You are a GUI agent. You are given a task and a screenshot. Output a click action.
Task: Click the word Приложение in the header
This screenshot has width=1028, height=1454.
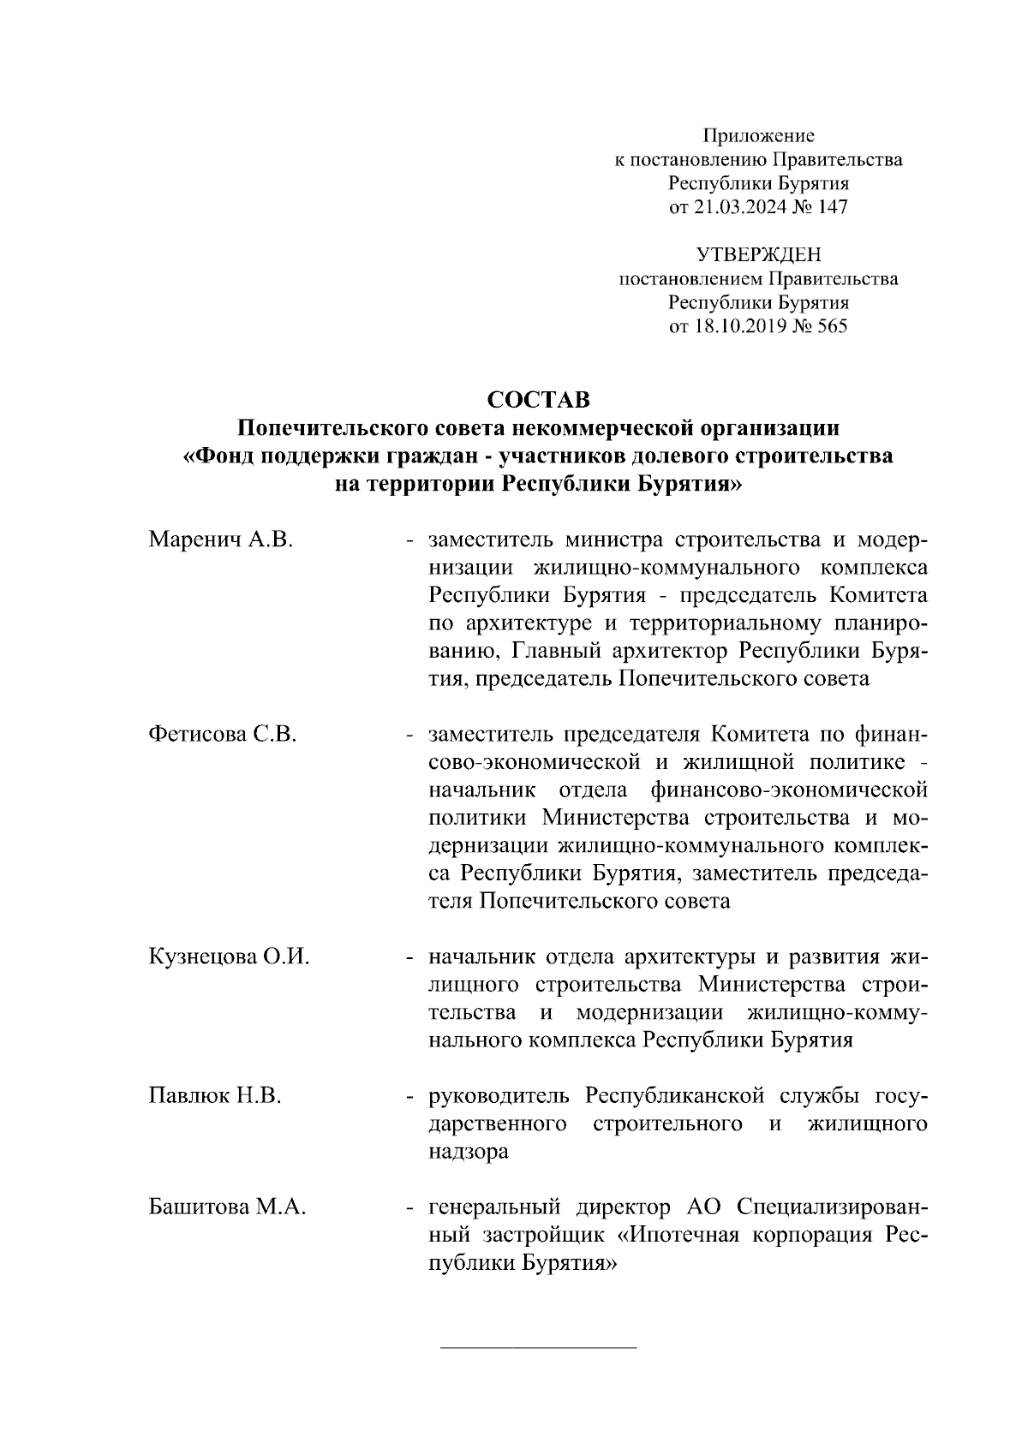758,135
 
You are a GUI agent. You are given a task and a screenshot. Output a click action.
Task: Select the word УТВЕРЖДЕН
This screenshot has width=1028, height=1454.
758,254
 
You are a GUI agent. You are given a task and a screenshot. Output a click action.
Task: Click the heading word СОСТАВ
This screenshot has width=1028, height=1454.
538,401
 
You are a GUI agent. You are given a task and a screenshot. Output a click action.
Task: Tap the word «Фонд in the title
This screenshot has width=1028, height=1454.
220,456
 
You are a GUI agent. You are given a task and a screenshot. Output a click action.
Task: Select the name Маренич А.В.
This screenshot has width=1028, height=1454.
221,540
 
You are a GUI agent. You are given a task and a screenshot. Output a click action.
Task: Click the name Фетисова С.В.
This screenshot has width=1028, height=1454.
223,734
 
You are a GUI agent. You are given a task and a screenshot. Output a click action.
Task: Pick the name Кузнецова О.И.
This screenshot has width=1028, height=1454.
229,956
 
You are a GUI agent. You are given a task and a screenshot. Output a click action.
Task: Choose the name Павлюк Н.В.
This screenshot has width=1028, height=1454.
215,1095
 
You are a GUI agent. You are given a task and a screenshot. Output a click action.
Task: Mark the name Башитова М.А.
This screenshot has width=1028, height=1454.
228,1207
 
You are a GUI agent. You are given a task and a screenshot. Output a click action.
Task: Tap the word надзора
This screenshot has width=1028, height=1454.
468,1152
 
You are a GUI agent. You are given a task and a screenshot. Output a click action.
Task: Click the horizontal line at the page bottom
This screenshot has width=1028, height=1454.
538,1348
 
